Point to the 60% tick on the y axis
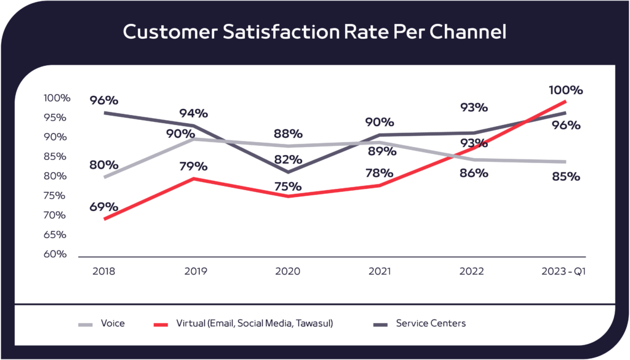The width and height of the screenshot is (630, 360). click(x=57, y=254)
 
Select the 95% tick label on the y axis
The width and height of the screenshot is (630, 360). click(x=57, y=117)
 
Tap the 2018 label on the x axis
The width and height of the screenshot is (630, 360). click(x=103, y=271)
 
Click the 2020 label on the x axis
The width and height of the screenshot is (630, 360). click(x=288, y=271)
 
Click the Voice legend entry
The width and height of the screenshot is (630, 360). click(x=113, y=323)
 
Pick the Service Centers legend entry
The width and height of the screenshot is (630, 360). click(x=431, y=323)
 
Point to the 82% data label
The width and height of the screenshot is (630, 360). click(x=288, y=159)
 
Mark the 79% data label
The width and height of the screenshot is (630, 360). click(x=193, y=166)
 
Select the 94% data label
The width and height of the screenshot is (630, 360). click(x=193, y=113)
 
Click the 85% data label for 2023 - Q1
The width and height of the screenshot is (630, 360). click(x=565, y=177)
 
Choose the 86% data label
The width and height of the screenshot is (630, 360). click(x=473, y=173)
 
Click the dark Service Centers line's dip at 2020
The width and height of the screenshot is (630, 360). click(x=288, y=172)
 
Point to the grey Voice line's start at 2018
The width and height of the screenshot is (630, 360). click(x=105, y=177)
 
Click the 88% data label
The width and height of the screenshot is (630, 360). click(x=288, y=133)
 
